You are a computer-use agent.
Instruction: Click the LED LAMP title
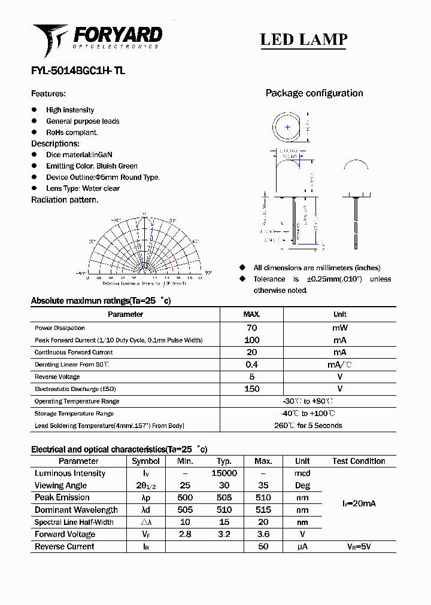tap(303, 39)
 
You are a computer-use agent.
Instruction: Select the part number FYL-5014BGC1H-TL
tap(78, 71)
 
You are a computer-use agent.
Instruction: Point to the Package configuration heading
tap(314, 93)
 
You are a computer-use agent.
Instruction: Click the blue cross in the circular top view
tap(288, 127)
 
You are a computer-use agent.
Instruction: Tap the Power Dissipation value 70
tap(251, 328)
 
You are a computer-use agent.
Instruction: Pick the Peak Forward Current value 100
tap(251, 340)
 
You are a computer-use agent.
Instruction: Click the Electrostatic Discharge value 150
tap(252, 389)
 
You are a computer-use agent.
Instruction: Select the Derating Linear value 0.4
tap(251, 365)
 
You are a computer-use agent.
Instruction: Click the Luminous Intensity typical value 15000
tap(224, 473)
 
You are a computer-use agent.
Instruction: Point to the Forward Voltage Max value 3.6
tap(263, 534)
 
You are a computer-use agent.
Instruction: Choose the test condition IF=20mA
tap(359, 504)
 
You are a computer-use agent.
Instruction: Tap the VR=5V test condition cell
tap(359, 546)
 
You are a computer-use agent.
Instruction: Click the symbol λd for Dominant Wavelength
tap(145, 510)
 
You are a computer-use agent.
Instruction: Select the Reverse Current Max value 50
tap(263, 546)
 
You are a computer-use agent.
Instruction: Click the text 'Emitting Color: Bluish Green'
tap(92, 166)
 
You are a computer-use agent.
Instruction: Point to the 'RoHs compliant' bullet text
tap(72, 133)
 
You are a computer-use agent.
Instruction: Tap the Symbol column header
tap(145, 462)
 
